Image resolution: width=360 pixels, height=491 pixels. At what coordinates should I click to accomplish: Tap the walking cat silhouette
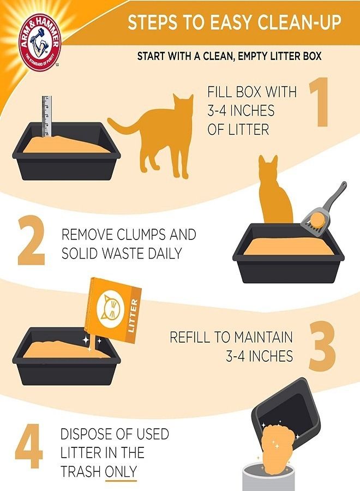coord(155,134)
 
